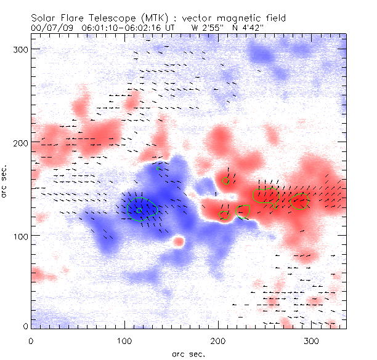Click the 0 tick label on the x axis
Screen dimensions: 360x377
31,340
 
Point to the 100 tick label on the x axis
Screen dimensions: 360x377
124,340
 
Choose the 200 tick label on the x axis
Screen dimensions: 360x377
218,340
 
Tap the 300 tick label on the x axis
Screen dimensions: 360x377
312,340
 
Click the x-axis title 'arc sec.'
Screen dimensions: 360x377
188,353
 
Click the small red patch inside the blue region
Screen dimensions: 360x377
179,241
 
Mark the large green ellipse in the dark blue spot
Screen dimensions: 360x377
142,209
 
